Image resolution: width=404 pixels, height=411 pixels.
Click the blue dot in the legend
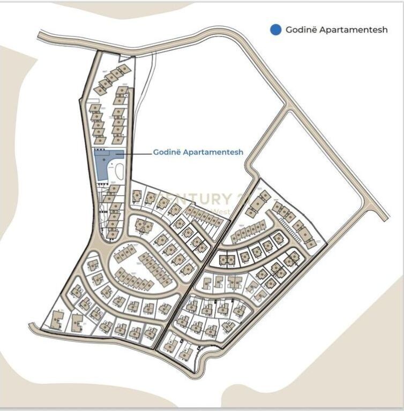point(275,30)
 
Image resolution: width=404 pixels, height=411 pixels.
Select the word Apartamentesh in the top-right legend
point(353,30)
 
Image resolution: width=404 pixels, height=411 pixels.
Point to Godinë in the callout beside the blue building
point(167,153)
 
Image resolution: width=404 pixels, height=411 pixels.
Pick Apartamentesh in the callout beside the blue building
point(213,153)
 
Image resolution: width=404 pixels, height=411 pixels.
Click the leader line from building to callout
point(137,154)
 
